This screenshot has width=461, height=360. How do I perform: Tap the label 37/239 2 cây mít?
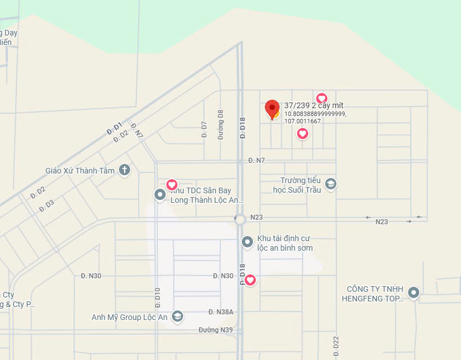(314, 105)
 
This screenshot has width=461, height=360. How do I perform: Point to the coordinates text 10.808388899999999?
(315, 114)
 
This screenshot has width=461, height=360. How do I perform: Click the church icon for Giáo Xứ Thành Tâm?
(125, 170)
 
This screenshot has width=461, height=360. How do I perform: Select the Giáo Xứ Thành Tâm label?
(80, 171)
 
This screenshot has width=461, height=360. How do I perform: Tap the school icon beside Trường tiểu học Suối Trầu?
(331, 184)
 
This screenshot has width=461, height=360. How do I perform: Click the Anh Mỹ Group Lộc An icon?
(178, 317)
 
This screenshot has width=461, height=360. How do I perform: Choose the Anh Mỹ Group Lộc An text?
(130, 317)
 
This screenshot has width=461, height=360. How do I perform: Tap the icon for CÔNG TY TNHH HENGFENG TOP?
(414, 292)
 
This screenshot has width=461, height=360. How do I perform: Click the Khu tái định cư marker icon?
(247, 242)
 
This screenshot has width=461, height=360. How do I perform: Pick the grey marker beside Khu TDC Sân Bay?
(160, 195)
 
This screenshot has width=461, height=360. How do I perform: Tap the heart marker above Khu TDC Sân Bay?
(172, 184)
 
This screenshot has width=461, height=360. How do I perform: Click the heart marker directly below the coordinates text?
(303, 134)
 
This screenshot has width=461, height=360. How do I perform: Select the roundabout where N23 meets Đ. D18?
(241, 219)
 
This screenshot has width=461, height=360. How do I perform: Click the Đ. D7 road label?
(204, 130)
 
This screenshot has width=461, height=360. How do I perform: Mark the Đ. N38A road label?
(221, 312)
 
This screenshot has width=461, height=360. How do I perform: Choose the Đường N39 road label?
(215, 330)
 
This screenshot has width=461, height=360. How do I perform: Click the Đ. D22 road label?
(336, 345)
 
